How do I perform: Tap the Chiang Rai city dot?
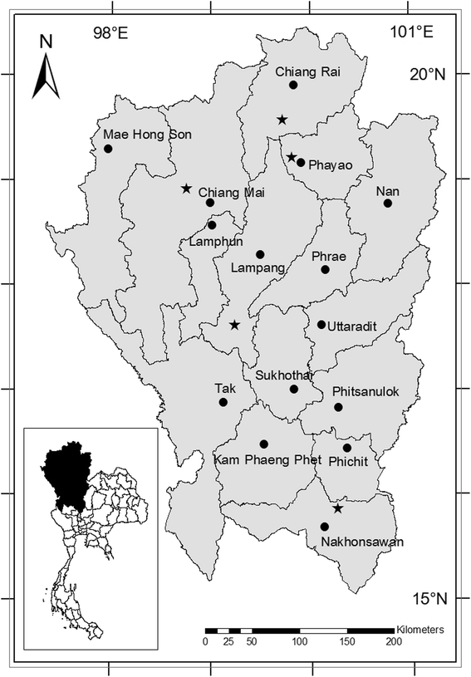click(x=293, y=85)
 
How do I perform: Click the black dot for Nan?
click(x=387, y=203)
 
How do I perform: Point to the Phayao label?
click(x=331, y=164)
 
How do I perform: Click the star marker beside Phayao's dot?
click(x=291, y=157)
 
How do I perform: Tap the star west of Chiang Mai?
click(x=186, y=189)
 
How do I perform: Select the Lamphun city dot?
click(x=212, y=225)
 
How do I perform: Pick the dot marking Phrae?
click(x=326, y=269)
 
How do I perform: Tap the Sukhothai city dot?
click(x=294, y=389)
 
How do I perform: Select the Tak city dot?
click(x=223, y=402)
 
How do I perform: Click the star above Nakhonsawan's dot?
click(x=337, y=508)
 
